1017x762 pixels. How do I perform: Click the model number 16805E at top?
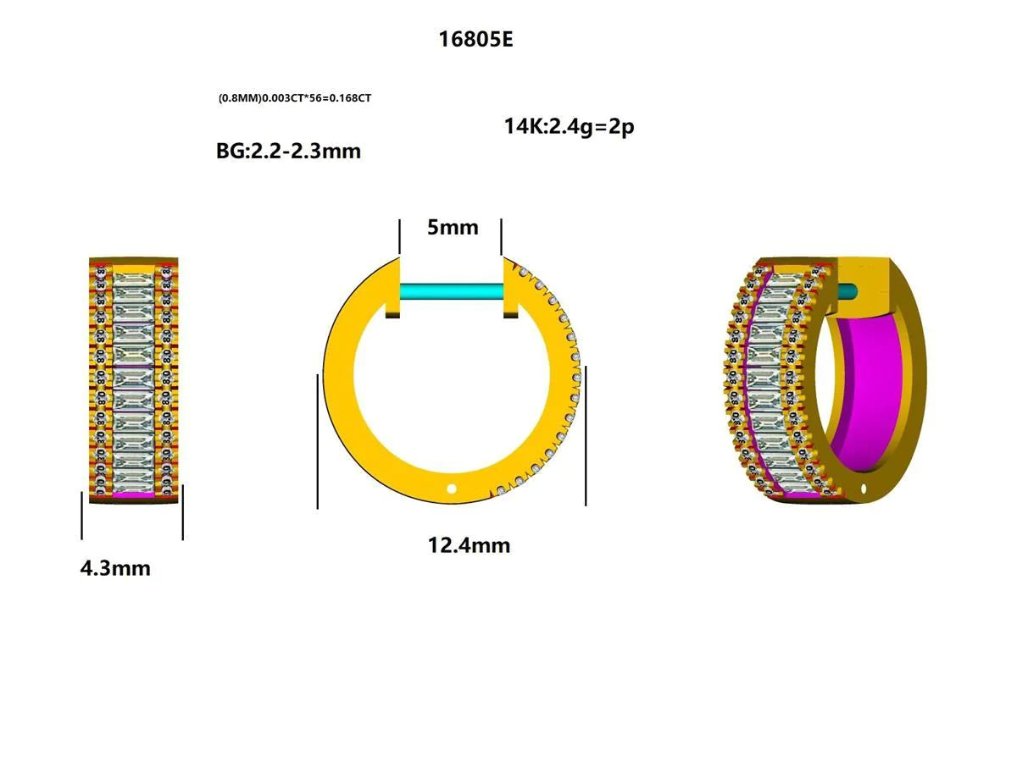pyautogui.click(x=475, y=39)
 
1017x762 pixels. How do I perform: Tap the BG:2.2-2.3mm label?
pyautogui.click(x=288, y=152)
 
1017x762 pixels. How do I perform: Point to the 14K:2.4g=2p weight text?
pyautogui.click(x=569, y=127)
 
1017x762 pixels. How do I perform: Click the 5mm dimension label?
pyautogui.click(x=452, y=227)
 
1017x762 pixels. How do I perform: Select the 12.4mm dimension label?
pyautogui.click(x=469, y=545)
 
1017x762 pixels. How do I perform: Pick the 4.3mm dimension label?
pyautogui.click(x=115, y=568)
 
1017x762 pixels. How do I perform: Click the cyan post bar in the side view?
pyautogui.click(x=452, y=292)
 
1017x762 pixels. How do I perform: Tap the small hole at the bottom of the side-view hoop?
pyautogui.click(x=452, y=488)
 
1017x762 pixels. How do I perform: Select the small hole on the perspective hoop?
pyautogui.click(x=864, y=489)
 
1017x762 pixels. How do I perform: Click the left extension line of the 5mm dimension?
pyautogui.click(x=400, y=235)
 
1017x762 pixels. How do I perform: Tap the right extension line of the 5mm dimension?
pyautogui.click(x=502, y=235)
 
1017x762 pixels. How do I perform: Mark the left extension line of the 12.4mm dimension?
pyautogui.click(x=318, y=440)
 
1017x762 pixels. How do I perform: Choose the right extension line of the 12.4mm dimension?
pyautogui.click(x=586, y=436)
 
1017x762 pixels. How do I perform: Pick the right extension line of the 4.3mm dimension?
pyautogui.click(x=182, y=512)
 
